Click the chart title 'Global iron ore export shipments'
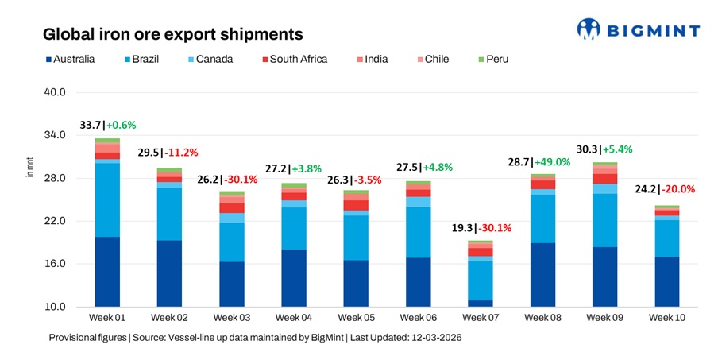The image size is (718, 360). (172, 35)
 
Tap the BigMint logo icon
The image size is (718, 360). (589, 29)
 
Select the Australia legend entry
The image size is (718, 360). (71, 59)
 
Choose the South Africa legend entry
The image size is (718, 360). (293, 59)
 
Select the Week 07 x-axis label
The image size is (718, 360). (480, 318)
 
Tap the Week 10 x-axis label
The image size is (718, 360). (666, 318)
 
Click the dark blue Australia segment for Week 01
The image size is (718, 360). (107, 271)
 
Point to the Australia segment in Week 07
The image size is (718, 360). (480, 303)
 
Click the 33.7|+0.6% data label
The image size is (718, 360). (108, 125)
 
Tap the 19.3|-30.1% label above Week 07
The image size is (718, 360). (480, 227)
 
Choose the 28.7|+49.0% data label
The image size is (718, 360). (542, 161)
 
